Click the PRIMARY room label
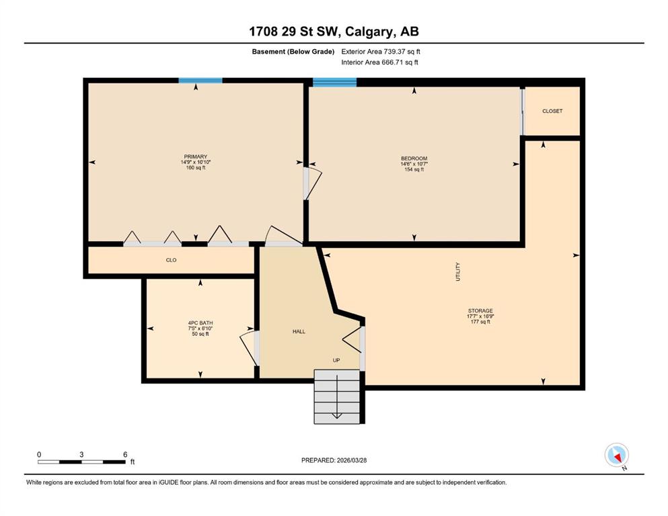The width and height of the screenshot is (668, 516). pos(196,157)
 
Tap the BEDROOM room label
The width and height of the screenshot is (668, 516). pos(414,159)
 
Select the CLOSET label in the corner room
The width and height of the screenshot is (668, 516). pos(552,111)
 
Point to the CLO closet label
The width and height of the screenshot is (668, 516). pos(171,260)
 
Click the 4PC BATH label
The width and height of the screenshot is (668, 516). pos(200,323)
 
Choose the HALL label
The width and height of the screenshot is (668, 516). pos(299,331)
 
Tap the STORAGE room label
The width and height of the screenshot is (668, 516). pos(480,311)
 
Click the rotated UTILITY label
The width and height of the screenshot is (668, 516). pos(458,272)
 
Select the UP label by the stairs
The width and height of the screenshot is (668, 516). pos(336,360)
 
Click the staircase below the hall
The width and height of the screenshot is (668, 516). pos(337,396)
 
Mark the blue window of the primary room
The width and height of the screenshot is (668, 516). pos(200,81)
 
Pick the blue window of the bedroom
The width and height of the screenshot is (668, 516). pos(334,83)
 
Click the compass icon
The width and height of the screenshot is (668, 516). pos(617,456)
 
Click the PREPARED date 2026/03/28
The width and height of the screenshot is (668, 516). pos(334,460)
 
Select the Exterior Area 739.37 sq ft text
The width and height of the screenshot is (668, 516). pos(381,52)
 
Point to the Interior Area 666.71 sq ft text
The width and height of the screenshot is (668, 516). pos(379,62)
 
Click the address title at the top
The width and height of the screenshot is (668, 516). pos(334,31)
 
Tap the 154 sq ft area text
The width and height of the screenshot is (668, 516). pos(414,169)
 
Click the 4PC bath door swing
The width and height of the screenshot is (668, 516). pos(249,347)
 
